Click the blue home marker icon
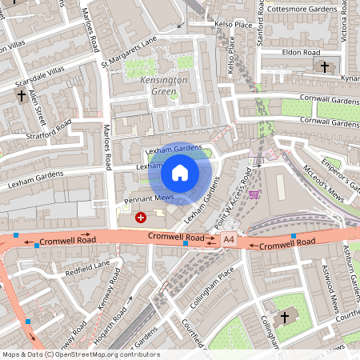pos(180,172)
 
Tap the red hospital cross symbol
pos(142,217)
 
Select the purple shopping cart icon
pos(254,194)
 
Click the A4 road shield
pos(230,239)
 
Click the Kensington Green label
pos(164,86)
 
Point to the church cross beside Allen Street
pos(21,96)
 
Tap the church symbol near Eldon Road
pos(324,66)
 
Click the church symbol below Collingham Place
pos(283,318)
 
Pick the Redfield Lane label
pos(88,265)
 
